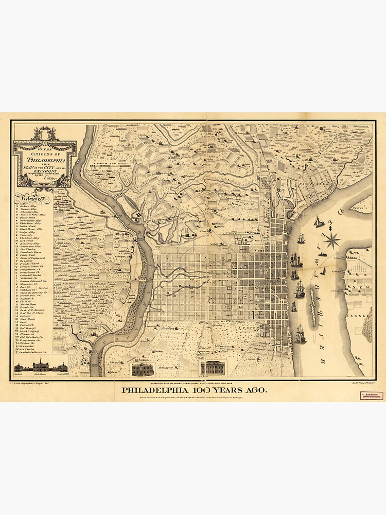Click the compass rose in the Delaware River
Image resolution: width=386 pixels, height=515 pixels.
tap(332, 239)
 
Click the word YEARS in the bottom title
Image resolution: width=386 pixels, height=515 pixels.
tap(226, 390)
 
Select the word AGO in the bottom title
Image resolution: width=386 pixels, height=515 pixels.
tap(257, 390)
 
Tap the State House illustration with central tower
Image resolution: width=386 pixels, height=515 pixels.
tap(41, 366)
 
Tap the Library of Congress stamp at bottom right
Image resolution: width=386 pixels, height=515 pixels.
tap(371, 396)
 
